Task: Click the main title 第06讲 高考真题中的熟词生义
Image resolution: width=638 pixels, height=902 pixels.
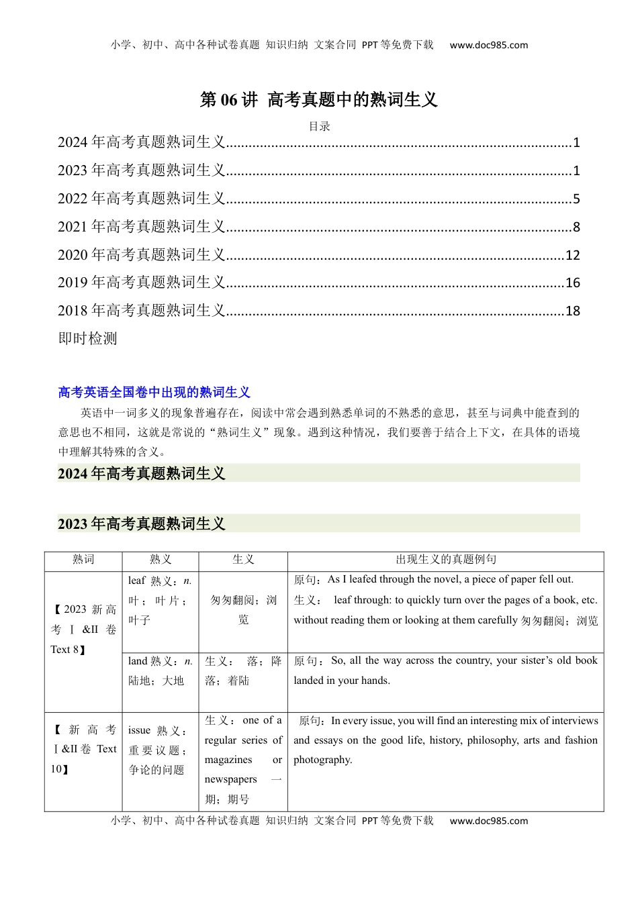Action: [x=318, y=100]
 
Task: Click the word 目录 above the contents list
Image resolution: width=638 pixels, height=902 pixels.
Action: [x=319, y=126]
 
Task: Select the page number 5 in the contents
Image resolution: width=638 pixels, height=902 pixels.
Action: [x=576, y=199]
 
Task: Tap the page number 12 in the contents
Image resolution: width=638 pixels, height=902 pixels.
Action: [x=572, y=256]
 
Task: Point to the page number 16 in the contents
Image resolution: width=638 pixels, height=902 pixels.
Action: [x=572, y=283]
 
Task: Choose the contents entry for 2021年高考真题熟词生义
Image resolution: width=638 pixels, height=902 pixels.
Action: [x=142, y=227]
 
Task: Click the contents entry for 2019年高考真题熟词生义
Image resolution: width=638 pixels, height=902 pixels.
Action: [x=142, y=283]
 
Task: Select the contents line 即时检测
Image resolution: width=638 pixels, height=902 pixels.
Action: [x=88, y=339]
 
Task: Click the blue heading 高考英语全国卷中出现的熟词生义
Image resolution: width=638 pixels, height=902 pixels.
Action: [x=154, y=393]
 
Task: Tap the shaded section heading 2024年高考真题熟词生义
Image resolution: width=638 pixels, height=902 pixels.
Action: [x=142, y=474]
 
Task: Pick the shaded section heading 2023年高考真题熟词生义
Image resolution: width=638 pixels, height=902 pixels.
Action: [x=142, y=524]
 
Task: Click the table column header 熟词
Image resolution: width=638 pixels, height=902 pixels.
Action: [x=83, y=560]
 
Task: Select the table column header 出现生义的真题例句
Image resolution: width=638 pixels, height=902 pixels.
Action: [x=445, y=560]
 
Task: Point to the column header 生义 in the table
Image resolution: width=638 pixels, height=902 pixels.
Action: [x=242, y=560]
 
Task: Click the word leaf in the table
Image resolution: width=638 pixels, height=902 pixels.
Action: [x=136, y=581]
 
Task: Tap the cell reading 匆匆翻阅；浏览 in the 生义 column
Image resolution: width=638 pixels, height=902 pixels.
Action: [x=243, y=609]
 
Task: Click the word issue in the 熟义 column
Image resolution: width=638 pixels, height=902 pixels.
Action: [x=139, y=731]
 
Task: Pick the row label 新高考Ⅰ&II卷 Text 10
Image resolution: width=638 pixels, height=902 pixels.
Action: [x=83, y=749]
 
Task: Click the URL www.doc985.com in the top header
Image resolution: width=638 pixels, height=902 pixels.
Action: [x=488, y=46]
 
